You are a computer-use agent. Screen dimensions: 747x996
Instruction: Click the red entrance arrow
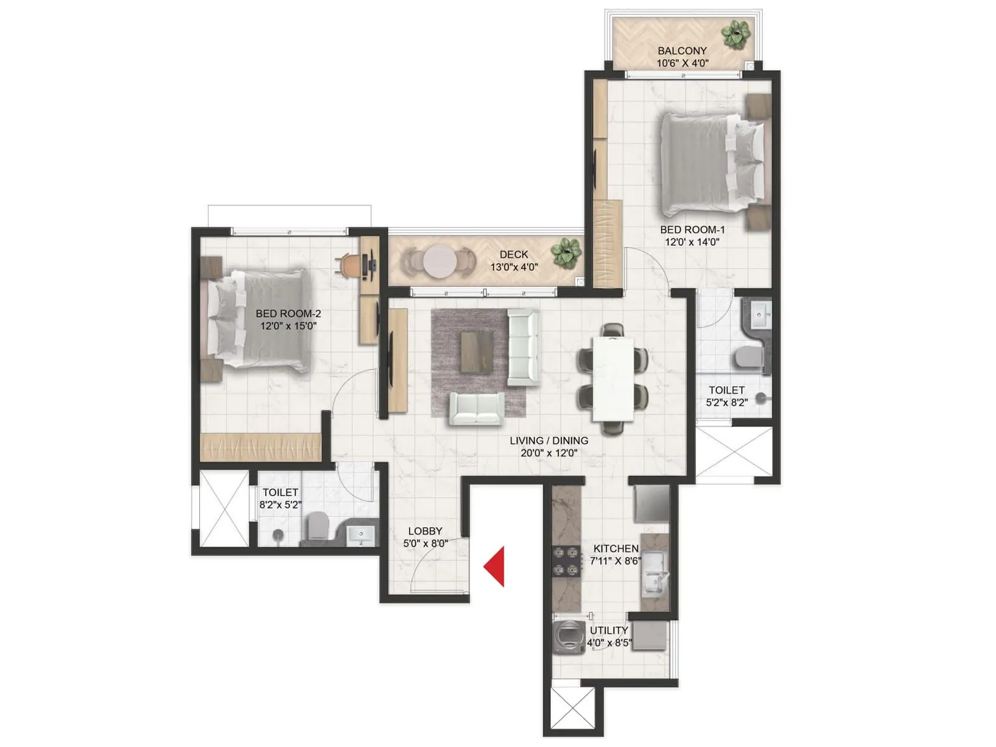click(x=496, y=566)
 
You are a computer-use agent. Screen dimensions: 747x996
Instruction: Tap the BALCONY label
click(x=682, y=51)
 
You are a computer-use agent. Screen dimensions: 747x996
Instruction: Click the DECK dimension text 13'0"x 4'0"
click(x=514, y=267)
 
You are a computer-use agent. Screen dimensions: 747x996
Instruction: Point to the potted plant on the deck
click(x=566, y=252)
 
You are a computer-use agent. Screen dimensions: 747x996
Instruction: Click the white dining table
click(x=613, y=378)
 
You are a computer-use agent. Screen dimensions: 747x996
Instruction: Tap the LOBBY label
click(x=425, y=531)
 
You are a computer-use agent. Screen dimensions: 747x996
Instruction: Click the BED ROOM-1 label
click(x=692, y=230)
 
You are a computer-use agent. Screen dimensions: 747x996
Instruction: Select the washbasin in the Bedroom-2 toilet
click(x=360, y=534)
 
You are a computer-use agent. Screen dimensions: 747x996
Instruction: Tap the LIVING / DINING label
click(x=548, y=441)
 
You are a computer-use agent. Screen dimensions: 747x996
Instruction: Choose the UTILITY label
click(x=608, y=631)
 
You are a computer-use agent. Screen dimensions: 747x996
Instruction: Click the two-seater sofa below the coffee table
click(x=477, y=408)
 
